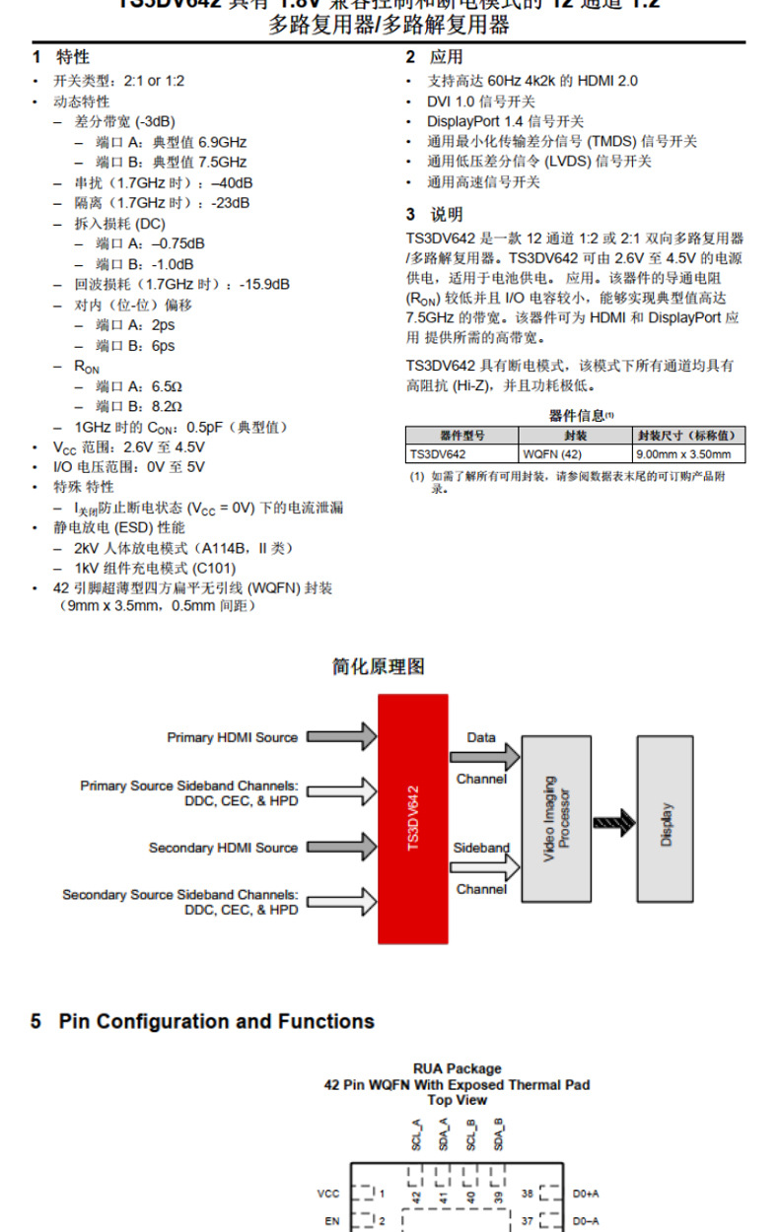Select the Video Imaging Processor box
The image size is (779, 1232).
pos(563,818)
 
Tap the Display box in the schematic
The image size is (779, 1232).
pos(665,818)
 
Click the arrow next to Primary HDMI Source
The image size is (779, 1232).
pos(341,736)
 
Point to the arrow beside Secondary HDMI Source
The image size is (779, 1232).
pos(341,847)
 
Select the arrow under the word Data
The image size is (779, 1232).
pos(485,757)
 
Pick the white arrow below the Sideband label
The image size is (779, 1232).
pos(485,867)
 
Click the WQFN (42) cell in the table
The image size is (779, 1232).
pos(552,454)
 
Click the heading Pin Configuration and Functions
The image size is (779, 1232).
pos(216,1021)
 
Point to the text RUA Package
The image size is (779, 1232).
pos(457,1068)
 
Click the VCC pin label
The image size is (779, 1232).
pos(328,1194)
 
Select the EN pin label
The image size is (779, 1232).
pos(332,1220)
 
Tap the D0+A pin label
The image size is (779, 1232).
pos(586,1194)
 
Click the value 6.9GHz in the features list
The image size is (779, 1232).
pos(222,142)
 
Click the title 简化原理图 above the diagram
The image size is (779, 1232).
pos(378,667)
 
